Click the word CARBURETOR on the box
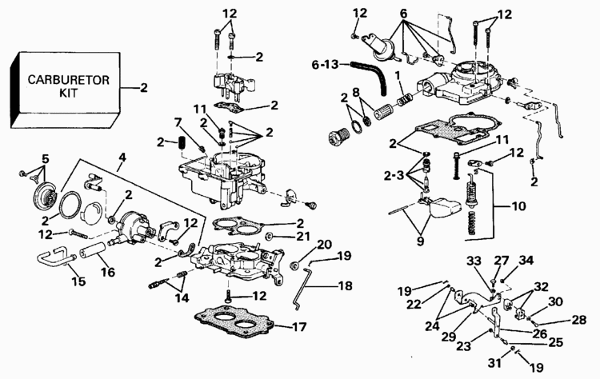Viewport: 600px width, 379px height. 68,80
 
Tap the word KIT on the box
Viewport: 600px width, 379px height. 68,94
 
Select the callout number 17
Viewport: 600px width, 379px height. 300,326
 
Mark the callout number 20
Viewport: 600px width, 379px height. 324,244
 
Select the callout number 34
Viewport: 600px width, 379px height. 526,260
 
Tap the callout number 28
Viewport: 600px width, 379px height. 578,320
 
